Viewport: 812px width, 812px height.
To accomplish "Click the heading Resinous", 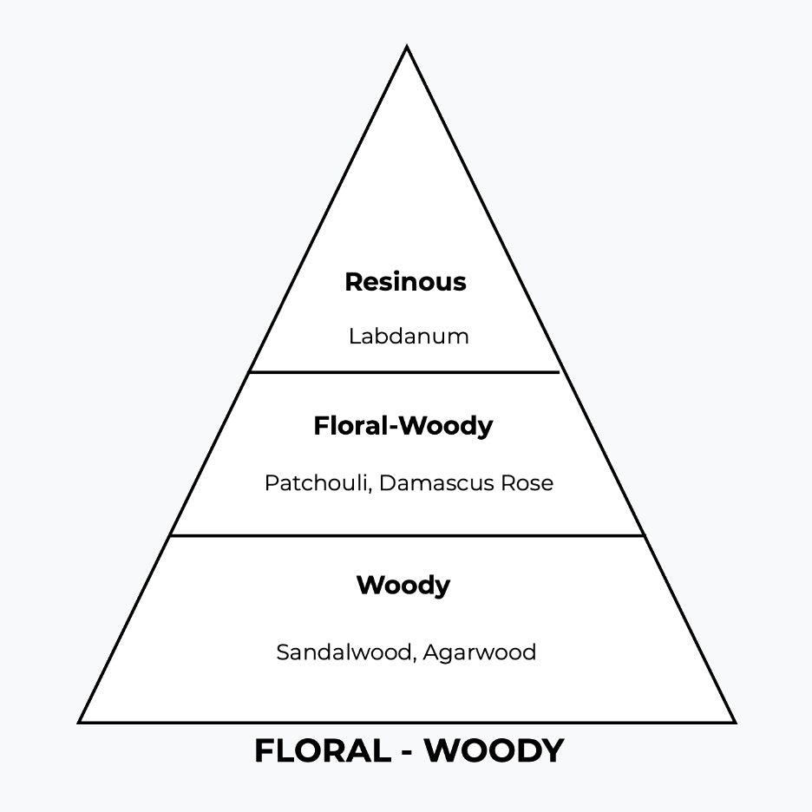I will point(405,282).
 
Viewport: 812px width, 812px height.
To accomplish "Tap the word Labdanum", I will point(409,336).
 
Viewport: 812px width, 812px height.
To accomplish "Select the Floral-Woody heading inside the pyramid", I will point(403,426).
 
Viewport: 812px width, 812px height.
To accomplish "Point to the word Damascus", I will point(428,483).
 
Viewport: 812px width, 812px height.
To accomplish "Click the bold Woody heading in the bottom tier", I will point(403,586).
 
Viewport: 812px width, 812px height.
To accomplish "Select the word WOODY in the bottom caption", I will point(494,751).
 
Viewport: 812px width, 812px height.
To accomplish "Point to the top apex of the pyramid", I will point(407,48).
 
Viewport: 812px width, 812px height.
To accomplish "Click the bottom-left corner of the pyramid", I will point(81,721).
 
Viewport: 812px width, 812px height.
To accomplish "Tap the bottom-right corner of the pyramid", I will point(734,721).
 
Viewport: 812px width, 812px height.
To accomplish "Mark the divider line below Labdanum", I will point(405,372).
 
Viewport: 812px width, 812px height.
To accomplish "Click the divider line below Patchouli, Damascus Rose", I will point(407,535).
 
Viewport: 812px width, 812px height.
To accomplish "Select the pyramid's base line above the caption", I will point(407,722).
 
